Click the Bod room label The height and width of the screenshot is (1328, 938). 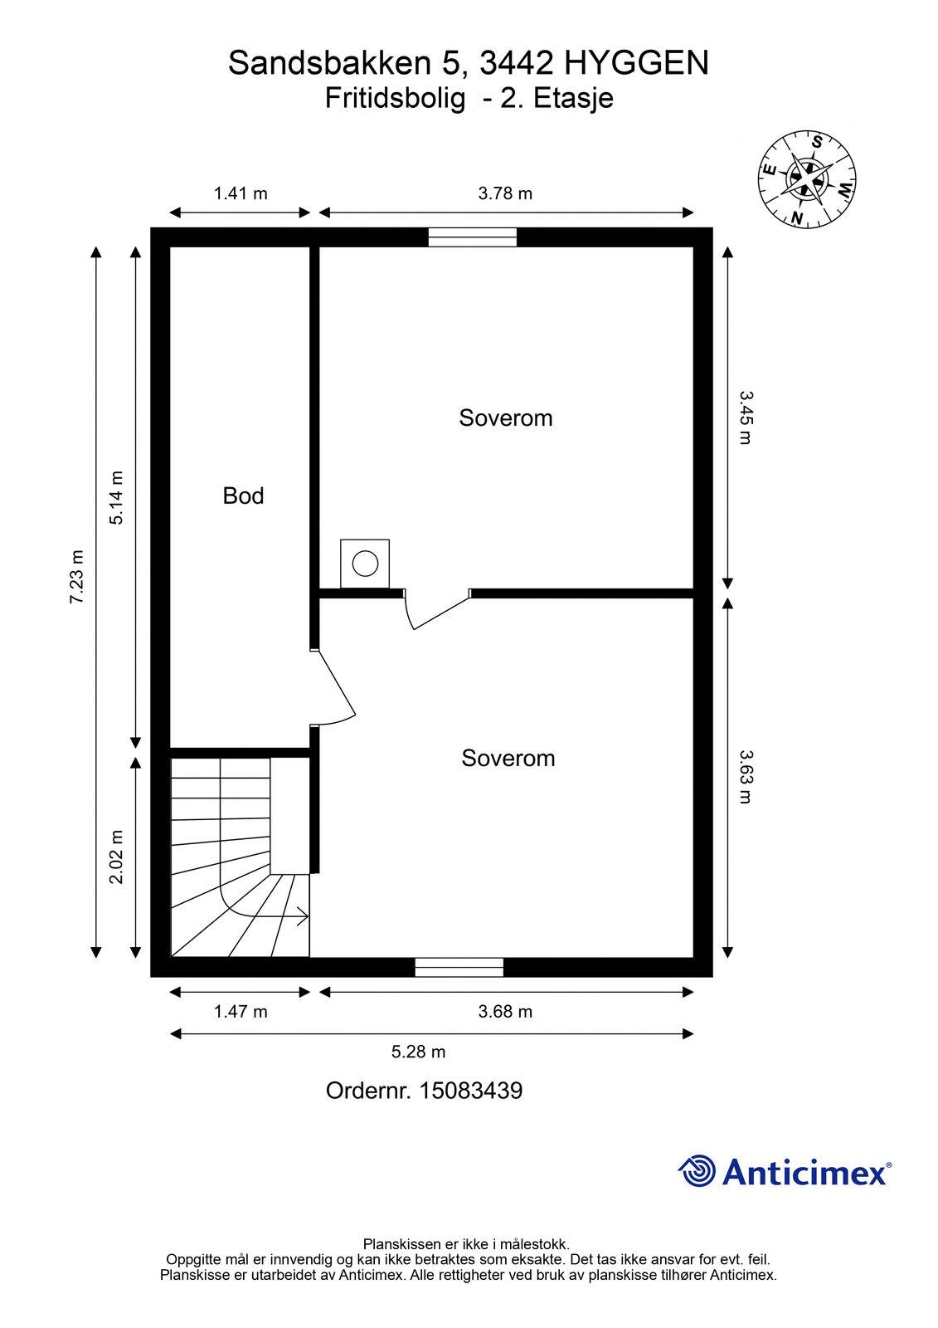(243, 496)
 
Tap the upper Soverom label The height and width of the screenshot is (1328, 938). (505, 418)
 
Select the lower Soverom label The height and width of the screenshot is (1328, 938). (508, 759)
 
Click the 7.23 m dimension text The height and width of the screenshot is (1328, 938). (78, 577)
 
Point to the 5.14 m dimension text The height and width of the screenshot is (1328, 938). (116, 498)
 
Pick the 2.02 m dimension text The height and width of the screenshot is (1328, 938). (116, 857)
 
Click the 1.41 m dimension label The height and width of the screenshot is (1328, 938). (241, 193)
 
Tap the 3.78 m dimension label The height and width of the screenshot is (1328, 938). (505, 193)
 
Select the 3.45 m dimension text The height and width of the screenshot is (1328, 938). (746, 417)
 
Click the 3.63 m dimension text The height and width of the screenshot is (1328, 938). (746, 777)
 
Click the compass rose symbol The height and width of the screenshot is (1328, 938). (806, 178)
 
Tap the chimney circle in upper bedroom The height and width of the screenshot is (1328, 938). (365, 564)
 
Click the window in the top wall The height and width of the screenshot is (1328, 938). (472, 237)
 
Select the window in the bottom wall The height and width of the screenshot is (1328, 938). (459, 968)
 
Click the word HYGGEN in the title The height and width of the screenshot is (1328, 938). (636, 63)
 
